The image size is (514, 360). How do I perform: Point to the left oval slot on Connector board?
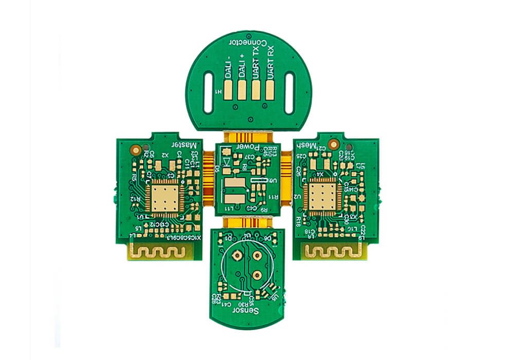(208, 93)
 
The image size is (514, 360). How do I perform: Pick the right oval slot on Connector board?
(289, 93)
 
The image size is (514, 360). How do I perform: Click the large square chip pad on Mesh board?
(322, 197)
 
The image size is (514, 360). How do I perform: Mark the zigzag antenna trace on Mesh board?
(333, 251)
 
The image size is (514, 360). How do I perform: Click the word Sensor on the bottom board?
(247, 311)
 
